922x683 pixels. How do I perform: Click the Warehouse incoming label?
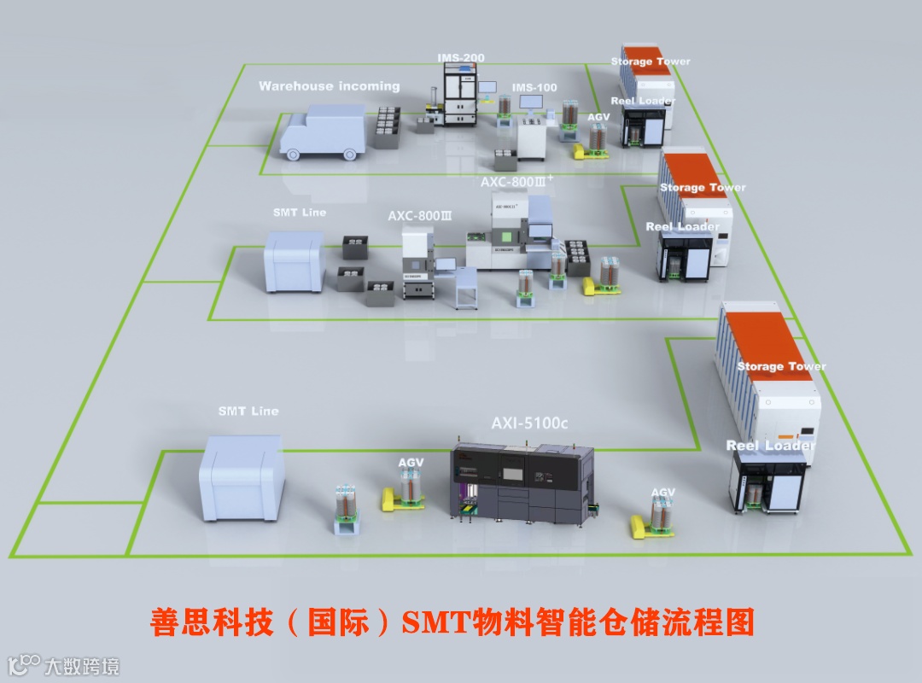pos(329,86)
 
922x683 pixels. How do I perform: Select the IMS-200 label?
pos(461,58)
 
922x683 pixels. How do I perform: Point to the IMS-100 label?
pos(534,88)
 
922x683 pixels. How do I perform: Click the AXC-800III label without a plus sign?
pos(419,216)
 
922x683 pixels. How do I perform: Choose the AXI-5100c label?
pos(530,423)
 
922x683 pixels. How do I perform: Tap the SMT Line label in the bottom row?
pos(248,412)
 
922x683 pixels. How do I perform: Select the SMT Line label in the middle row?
pos(299,212)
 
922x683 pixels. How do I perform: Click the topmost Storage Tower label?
pos(651,61)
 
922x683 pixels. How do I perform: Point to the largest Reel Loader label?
pos(770,446)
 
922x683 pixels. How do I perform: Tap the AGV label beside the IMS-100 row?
pos(599,117)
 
